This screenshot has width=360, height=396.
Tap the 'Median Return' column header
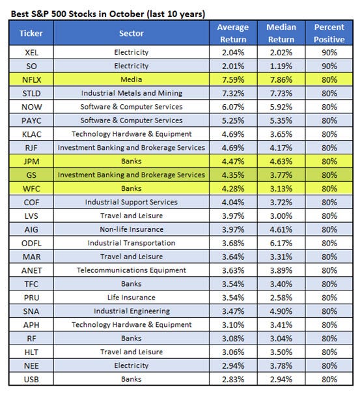(x=281, y=33)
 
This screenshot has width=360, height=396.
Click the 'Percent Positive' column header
(x=329, y=33)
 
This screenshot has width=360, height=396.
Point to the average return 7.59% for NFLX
(x=234, y=79)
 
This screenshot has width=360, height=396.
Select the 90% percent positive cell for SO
(x=329, y=65)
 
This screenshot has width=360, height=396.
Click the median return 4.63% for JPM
(x=281, y=161)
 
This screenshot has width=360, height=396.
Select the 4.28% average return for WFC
(x=234, y=188)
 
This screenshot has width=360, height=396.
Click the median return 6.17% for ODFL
(x=281, y=243)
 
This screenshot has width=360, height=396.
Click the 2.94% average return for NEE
(x=234, y=366)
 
